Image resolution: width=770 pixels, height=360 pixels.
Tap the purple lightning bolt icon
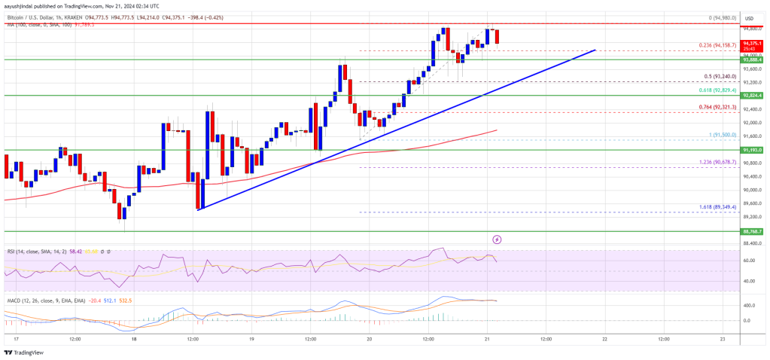pyautogui.click(x=497, y=239)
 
